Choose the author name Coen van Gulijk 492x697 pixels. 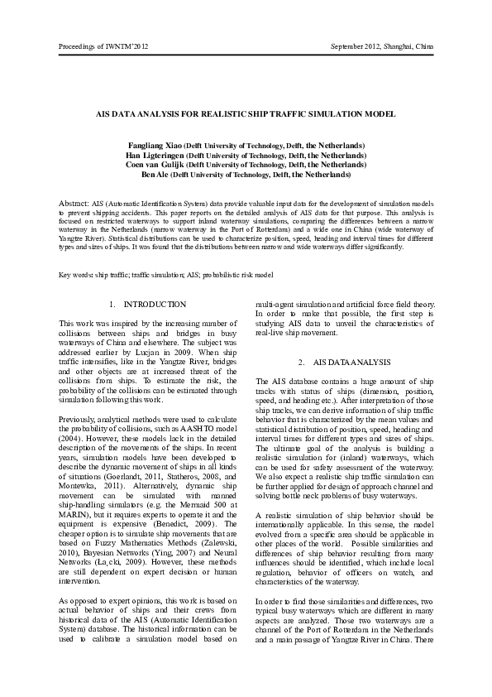coord(155,165)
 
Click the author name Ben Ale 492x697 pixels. coord(156,175)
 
